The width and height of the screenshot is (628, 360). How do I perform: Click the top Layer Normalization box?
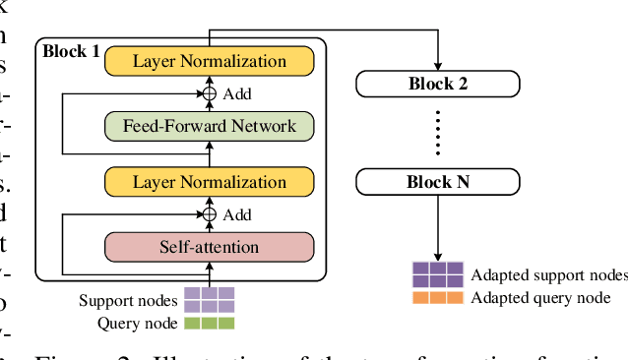tap(209, 61)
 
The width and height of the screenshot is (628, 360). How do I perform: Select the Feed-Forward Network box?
tap(209, 126)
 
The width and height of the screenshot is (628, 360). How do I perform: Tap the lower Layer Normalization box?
tap(209, 182)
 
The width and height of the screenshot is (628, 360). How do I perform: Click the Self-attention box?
tap(209, 247)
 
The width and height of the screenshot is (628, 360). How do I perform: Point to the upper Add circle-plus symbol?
tap(209, 93)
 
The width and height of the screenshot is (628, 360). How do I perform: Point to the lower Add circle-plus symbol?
tap(209, 213)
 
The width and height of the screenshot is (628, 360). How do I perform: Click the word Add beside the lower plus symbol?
tap(237, 213)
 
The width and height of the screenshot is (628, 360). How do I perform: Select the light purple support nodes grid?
tap(209, 299)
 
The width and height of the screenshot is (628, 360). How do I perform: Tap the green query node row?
tap(209, 322)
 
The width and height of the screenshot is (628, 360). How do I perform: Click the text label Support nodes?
tap(128, 300)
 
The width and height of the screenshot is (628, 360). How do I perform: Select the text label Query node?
tap(138, 323)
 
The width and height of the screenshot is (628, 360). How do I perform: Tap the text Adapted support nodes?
tap(548, 274)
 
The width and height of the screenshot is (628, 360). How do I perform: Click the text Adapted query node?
tap(540, 297)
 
